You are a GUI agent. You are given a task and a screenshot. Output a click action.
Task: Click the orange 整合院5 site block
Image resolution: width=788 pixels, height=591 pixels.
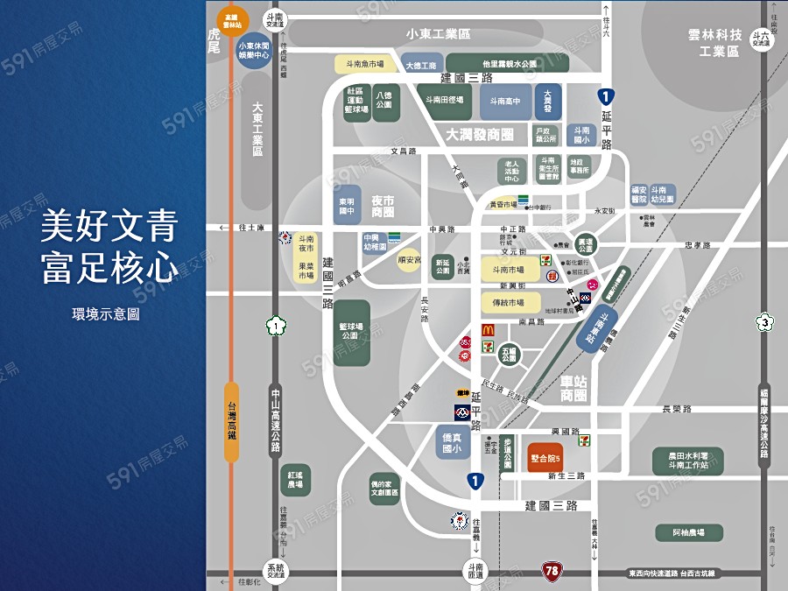click(x=545, y=458)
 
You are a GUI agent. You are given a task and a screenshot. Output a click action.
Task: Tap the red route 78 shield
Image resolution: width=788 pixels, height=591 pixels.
click(x=551, y=571)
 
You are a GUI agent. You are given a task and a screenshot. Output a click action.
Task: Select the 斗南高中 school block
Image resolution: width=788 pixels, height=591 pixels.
click(x=504, y=101)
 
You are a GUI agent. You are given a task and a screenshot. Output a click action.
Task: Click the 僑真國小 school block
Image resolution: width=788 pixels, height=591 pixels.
click(x=454, y=442)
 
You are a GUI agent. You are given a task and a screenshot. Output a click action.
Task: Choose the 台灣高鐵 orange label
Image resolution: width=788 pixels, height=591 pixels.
click(x=231, y=421)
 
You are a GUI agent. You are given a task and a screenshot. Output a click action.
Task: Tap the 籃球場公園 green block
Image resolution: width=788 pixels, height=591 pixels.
click(x=351, y=333)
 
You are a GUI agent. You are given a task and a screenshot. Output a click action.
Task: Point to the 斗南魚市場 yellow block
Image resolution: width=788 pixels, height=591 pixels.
click(x=364, y=64)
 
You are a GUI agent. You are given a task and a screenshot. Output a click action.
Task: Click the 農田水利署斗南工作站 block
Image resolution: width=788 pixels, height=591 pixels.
click(x=688, y=460)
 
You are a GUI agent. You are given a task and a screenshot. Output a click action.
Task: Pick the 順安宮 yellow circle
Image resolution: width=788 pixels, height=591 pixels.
click(x=409, y=259)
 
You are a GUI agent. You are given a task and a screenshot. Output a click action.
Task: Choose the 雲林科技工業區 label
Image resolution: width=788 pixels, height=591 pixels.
click(x=714, y=43)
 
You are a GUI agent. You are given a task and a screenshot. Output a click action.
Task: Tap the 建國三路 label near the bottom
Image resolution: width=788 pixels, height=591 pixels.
click(x=552, y=505)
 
